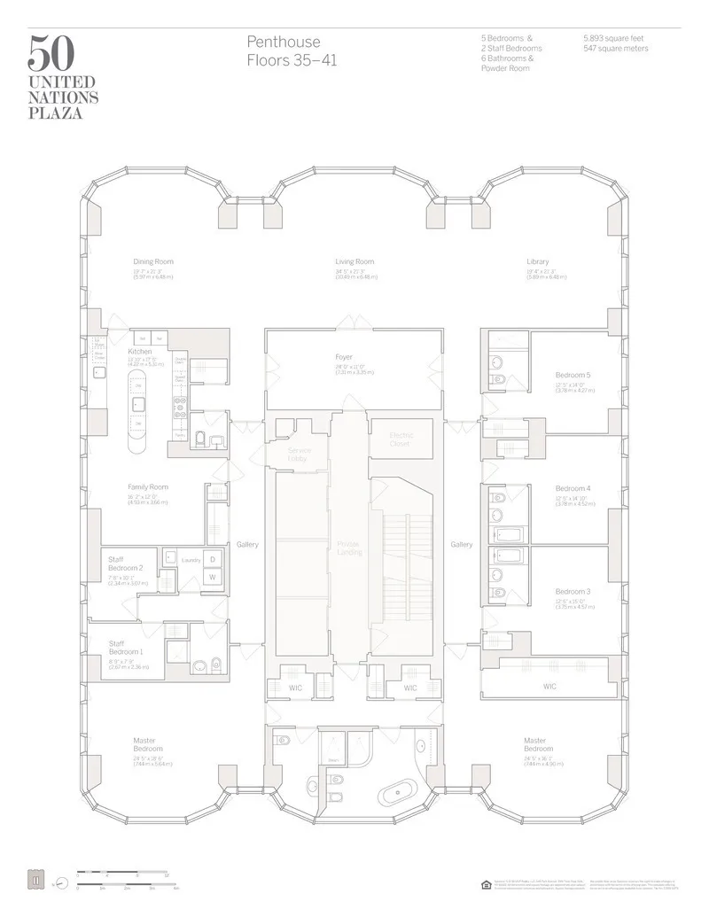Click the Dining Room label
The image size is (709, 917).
pos(153,261)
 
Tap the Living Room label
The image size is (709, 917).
pos(354,261)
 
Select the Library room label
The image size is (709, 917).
pos(537,261)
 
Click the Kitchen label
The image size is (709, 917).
pos(140,352)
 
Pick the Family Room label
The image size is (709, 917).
pos(148,487)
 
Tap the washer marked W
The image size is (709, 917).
pos(213,577)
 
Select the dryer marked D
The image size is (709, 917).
pos(213,559)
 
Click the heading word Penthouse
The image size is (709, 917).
pos(284,43)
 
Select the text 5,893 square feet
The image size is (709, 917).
pos(615,39)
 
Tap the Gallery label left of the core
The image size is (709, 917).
pos(247,545)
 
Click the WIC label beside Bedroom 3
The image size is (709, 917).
pos(549,686)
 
